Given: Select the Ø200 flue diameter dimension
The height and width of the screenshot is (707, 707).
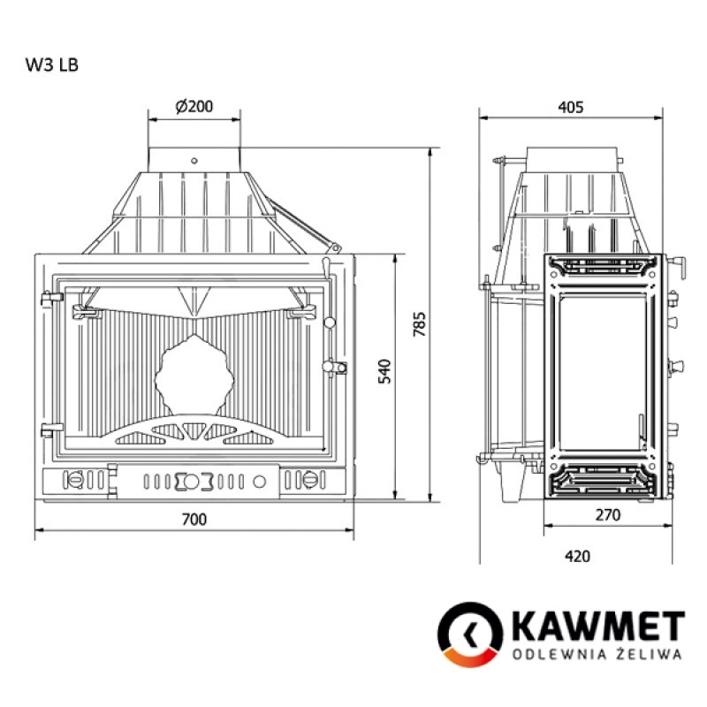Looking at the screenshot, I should coord(194,107).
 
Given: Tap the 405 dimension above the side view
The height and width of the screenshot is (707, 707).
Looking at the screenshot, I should coord(571,107).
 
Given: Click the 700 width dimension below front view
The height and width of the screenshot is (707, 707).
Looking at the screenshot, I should coord(194,519).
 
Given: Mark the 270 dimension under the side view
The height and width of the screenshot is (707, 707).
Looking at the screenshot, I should coord(608,514).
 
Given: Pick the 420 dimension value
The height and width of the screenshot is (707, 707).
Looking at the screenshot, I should coord(576,557).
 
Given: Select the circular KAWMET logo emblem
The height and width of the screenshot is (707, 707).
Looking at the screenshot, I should coord(469,635).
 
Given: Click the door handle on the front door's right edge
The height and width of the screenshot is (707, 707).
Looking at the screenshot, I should coord(333,366).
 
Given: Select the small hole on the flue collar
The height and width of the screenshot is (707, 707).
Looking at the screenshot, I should coord(194,161).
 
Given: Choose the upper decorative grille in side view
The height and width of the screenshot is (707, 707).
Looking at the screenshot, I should coord(601,264).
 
